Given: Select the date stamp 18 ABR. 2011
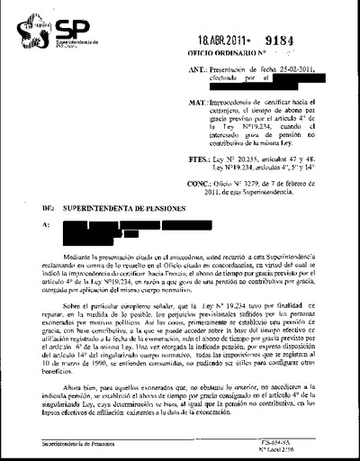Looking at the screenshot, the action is click(219, 41).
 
